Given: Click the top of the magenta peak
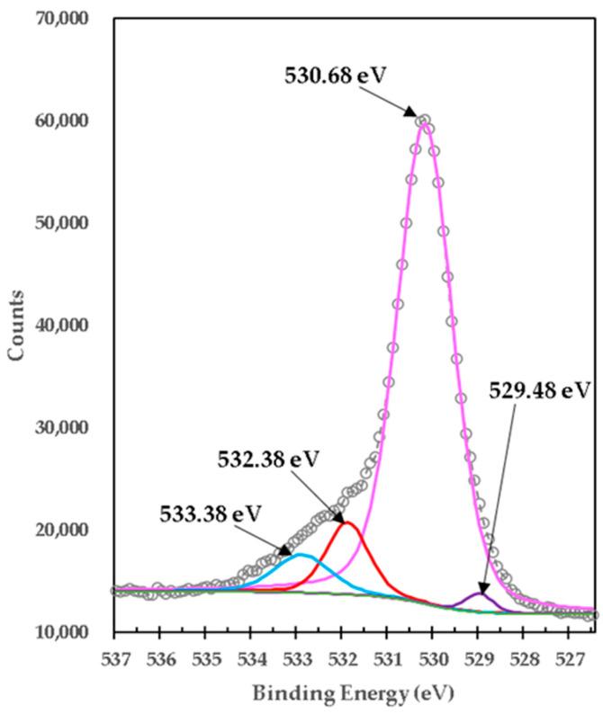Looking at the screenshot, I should pos(423,118).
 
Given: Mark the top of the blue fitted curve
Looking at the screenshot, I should pos(301,555).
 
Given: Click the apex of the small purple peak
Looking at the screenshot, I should pos(479,593).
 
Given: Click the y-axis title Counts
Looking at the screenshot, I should pos(16,325).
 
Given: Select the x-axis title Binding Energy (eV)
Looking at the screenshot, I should pos(354,693).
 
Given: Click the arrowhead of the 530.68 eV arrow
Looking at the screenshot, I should pos(416,117).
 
